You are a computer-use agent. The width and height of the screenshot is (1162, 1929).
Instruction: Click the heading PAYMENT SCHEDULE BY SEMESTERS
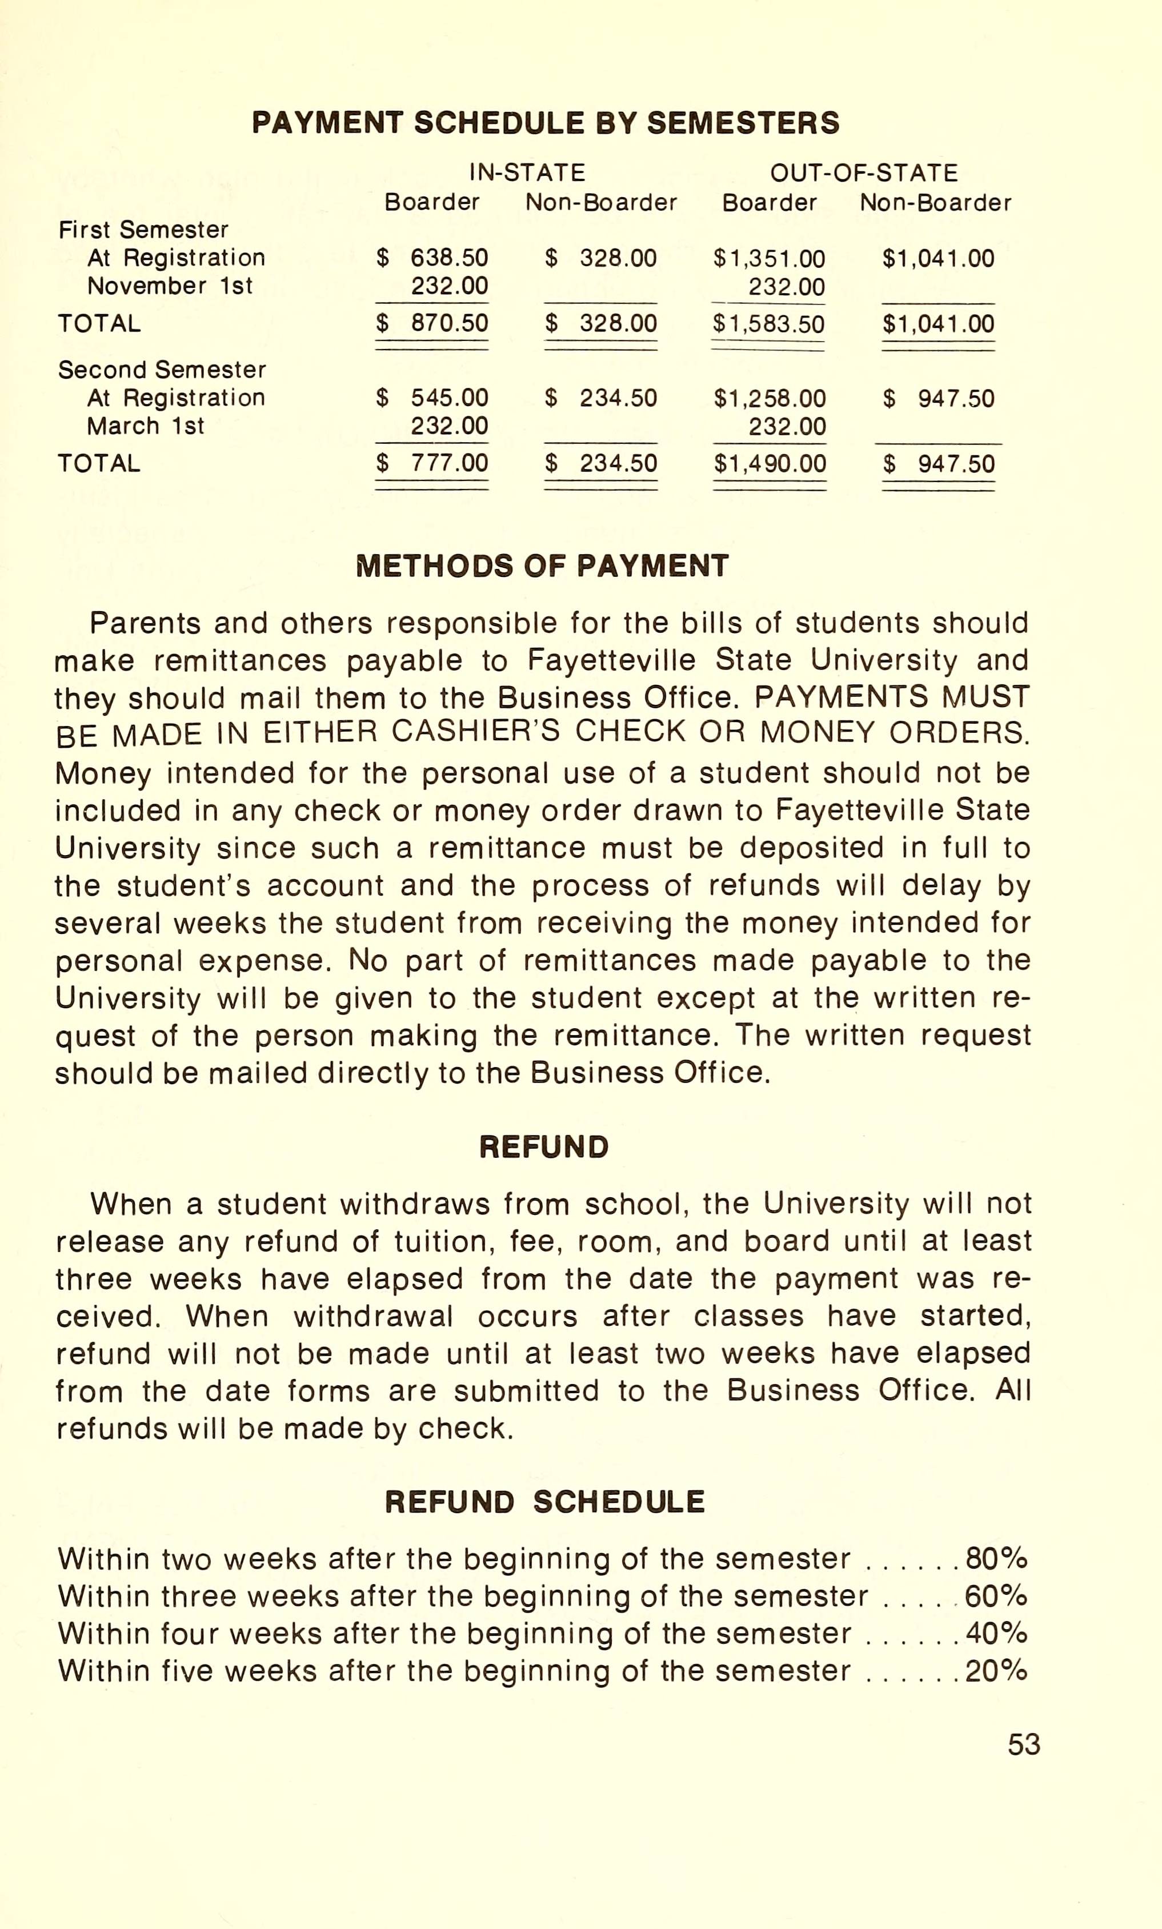coord(545,123)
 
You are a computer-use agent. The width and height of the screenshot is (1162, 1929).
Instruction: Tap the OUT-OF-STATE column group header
coord(864,173)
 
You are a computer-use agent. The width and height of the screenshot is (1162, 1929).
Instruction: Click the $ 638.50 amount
coord(432,258)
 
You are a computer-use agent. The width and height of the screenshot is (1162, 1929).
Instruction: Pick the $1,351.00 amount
coord(769,258)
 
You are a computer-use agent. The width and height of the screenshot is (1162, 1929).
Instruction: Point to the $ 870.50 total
coord(432,323)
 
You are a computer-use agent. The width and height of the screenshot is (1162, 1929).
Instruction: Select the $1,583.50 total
coord(769,324)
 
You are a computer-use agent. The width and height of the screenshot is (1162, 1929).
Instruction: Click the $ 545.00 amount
coord(432,399)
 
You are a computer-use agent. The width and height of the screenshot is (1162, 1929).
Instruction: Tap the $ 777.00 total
coord(432,463)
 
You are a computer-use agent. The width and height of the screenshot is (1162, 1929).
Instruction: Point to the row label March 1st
coord(146,427)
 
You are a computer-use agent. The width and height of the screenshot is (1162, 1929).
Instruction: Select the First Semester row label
coord(143,230)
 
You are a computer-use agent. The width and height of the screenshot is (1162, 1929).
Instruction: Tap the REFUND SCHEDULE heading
coord(545,1502)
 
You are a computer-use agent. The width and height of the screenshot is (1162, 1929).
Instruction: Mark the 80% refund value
coord(996,1559)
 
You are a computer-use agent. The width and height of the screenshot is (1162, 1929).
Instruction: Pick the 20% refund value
coord(996,1671)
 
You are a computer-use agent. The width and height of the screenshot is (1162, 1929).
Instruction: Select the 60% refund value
coord(996,1597)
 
